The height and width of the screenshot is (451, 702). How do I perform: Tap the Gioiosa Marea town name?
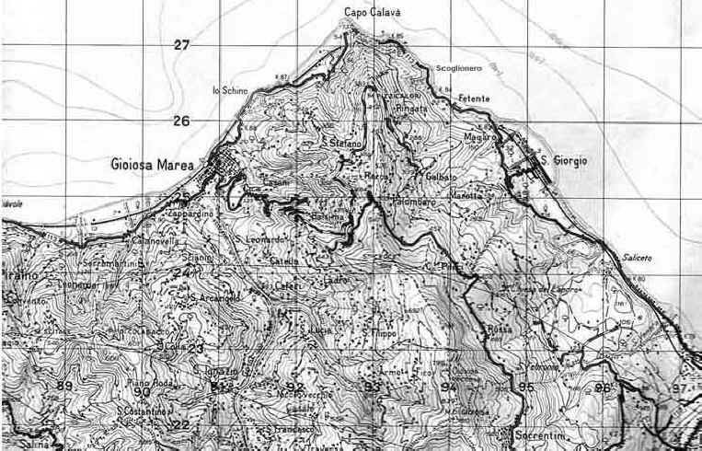pos(151,164)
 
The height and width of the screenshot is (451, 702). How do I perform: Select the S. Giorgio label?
pos(562,160)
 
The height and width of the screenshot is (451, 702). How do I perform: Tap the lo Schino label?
pos(229,89)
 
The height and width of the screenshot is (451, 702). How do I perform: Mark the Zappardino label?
pos(192,214)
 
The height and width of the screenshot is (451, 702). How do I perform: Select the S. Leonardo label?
pos(260,240)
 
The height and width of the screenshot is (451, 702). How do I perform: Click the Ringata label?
pos(411,108)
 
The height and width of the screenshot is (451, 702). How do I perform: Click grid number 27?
pos(181,44)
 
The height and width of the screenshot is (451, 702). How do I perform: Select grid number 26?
pos(181,121)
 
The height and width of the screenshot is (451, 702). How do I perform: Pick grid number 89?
pos(63,386)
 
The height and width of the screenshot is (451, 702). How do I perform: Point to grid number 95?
pos(525,387)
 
